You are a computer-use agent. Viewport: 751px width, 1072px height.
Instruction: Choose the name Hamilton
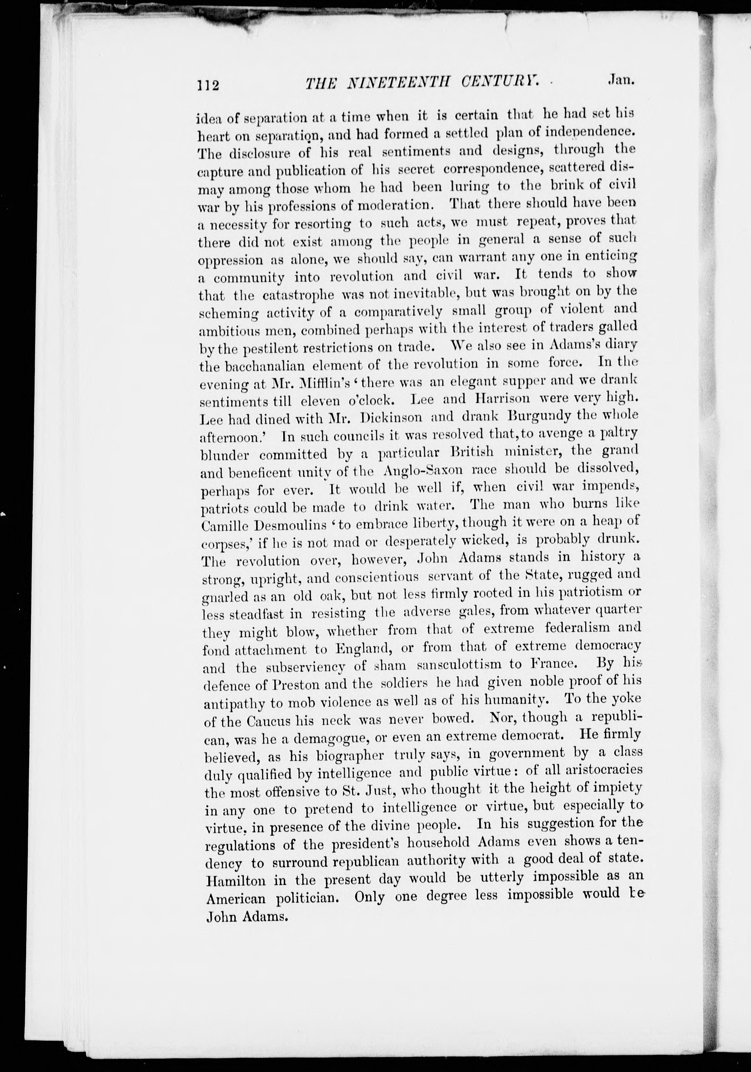click(236, 881)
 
